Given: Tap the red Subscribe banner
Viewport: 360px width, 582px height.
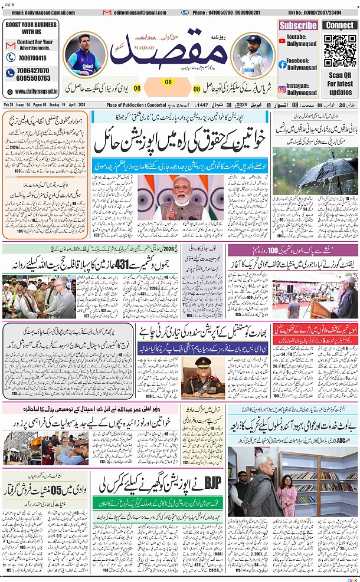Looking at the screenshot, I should [x=299, y=25].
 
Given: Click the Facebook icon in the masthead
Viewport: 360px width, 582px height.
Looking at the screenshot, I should [x=283, y=64].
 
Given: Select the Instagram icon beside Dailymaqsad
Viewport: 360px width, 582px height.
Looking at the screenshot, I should [x=283, y=89].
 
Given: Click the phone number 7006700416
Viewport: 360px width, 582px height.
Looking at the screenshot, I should [x=27, y=58].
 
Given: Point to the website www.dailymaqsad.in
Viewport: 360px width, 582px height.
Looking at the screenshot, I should [x=35, y=91].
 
